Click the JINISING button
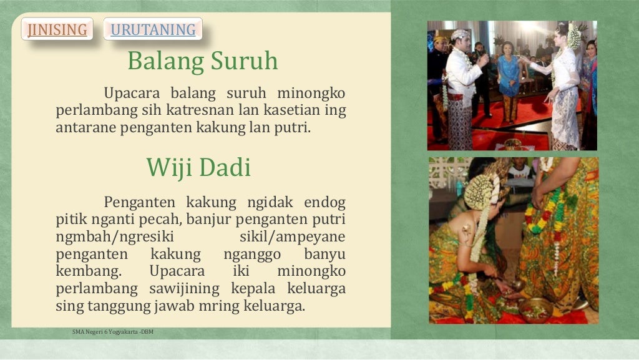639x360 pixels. [x=57, y=29]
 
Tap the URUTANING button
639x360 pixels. [x=153, y=29]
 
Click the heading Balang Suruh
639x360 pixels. [x=202, y=61]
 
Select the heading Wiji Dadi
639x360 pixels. [x=198, y=167]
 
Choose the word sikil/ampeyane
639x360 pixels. [x=292, y=237]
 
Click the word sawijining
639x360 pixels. [x=184, y=289]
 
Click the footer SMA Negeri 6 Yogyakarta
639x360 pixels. [x=112, y=332]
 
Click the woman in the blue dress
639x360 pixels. [x=509, y=81]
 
